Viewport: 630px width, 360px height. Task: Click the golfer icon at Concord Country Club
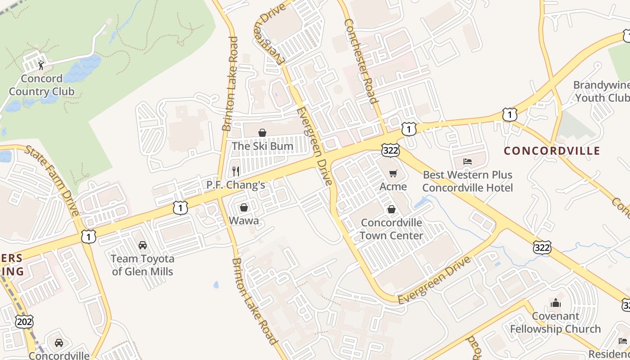point(41,65)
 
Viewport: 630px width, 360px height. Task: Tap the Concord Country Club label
point(42,85)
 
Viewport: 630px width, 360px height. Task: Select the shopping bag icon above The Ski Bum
point(262,133)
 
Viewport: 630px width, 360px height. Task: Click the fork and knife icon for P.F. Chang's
point(235,171)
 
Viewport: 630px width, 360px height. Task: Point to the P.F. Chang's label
point(235,185)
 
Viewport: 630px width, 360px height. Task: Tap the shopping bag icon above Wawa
point(244,207)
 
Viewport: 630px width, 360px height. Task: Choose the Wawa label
point(244,220)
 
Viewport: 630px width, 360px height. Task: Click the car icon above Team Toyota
point(143,245)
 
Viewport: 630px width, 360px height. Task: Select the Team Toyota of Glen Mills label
point(143,265)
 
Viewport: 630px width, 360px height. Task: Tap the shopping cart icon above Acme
point(393,173)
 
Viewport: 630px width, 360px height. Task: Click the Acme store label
point(393,186)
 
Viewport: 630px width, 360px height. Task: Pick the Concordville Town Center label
point(391,229)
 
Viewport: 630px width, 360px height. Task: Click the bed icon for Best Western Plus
point(468,161)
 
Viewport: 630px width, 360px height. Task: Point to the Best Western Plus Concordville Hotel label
point(468,181)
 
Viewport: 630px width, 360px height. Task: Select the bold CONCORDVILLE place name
point(552,151)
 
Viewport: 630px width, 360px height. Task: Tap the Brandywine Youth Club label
point(601,91)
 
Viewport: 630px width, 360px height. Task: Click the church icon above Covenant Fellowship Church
point(556,303)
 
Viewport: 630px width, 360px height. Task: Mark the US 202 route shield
point(24,321)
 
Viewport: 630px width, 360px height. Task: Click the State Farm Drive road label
point(53,180)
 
